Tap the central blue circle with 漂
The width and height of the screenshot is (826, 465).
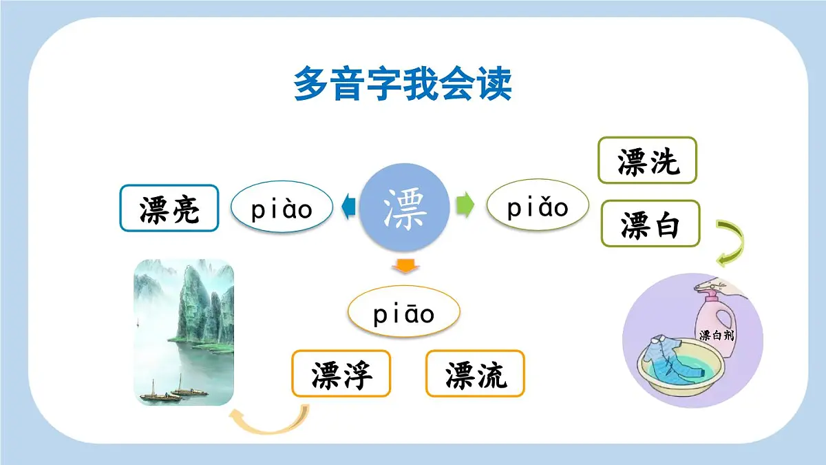pyautogui.click(x=405, y=207)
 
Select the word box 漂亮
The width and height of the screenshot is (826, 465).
pyautogui.click(x=169, y=207)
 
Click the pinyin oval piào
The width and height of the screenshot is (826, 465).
pyautogui.click(x=282, y=207)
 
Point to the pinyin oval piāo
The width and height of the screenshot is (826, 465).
pyautogui.click(x=404, y=313)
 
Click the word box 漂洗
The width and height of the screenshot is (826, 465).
pyautogui.click(x=647, y=161)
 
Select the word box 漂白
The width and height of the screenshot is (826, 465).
pyautogui.click(x=650, y=223)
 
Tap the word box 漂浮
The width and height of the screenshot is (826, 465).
pyautogui.click(x=341, y=373)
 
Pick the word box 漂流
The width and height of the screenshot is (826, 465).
pyautogui.click(x=475, y=373)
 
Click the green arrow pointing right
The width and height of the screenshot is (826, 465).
pyautogui.click(x=466, y=205)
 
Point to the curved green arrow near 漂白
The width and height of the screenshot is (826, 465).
pyautogui.click(x=731, y=242)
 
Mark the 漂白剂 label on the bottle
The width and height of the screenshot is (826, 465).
pyautogui.click(x=716, y=335)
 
